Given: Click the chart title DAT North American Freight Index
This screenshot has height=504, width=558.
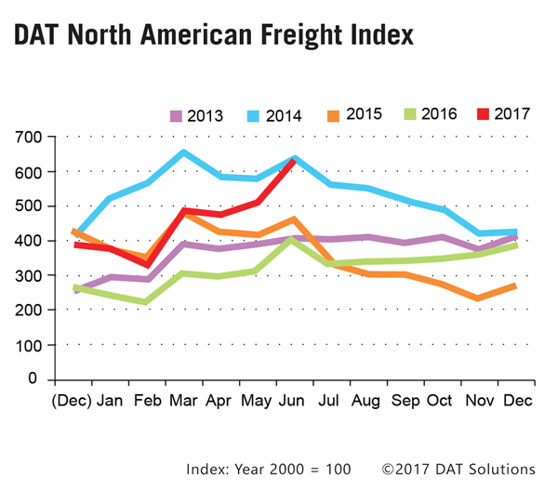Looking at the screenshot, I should click(213, 37).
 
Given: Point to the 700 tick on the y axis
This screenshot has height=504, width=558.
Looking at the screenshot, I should click(27, 137).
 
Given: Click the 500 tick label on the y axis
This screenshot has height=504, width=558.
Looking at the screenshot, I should click(27, 206).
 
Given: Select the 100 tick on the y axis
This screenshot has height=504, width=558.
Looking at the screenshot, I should click(27, 345).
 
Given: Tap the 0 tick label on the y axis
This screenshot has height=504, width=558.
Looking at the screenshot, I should click(35, 379).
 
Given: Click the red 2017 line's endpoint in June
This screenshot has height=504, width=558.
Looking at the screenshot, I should click(293, 160).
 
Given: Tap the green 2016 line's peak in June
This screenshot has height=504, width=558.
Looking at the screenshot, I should click(293, 239).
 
